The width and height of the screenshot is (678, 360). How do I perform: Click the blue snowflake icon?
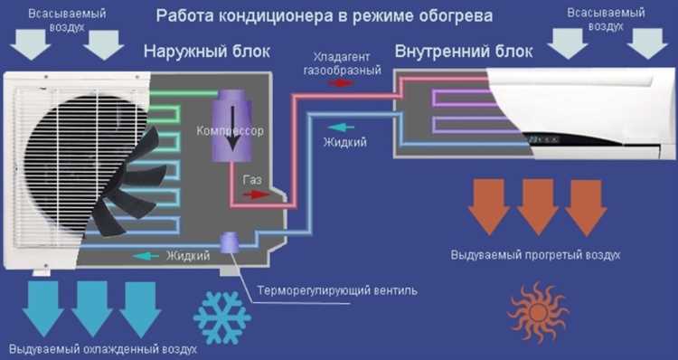tap(221, 316)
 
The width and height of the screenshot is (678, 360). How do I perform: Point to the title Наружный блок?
tap(207, 52)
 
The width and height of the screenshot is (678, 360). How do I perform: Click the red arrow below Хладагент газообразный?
tap(341, 82)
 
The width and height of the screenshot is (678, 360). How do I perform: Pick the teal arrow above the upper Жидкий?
tap(335, 128)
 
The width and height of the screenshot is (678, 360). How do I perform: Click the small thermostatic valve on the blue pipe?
tap(230, 242)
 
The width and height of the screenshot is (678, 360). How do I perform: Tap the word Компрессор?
tap(230, 131)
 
